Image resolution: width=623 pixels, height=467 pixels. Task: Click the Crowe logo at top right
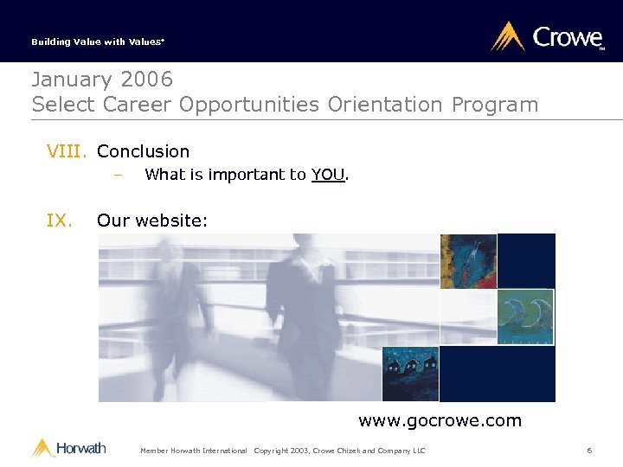[x=547, y=37]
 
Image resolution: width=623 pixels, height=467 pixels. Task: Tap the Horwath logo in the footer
[x=69, y=448]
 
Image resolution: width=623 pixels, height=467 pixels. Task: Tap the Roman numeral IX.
[x=59, y=221]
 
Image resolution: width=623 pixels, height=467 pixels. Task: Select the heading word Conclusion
[x=143, y=151]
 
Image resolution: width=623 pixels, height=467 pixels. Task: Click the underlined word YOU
[x=328, y=175]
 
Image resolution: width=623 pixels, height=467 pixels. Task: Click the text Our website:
[x=152, y=221]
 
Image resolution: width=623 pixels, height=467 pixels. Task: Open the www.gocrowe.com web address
[x=440, y=421]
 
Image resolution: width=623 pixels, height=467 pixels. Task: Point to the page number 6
[x=589, y=451]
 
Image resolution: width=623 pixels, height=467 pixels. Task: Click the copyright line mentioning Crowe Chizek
[x=340, y=451]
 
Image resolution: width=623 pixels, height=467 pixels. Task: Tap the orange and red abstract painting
[x=468, y=261]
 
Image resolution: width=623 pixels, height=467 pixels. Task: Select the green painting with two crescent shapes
[x=525, y=317]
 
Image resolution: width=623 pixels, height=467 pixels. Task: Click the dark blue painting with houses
[x=411, y=374]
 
